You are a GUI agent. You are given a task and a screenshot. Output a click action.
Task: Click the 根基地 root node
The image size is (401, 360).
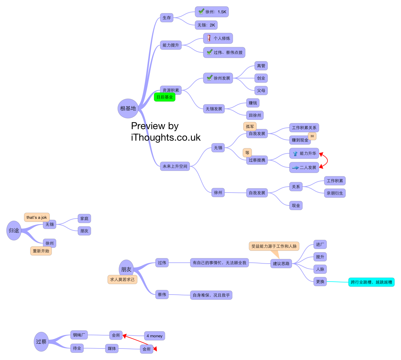[x=128, y=109]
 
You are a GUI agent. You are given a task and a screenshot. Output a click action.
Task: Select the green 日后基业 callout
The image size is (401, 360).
[x=165, y=97]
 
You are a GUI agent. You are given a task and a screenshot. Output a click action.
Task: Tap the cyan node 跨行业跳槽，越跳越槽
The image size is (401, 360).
[x=371, y=282]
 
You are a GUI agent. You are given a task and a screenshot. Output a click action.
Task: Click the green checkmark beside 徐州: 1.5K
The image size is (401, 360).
[x=201, y=11]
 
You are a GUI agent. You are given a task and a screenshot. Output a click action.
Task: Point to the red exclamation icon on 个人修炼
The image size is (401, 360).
[x=209, y=38]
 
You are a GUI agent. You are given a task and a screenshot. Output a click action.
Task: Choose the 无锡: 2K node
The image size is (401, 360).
[x=206, y=25]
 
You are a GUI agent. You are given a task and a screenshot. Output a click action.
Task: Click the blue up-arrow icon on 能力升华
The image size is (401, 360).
[x=295, y=153]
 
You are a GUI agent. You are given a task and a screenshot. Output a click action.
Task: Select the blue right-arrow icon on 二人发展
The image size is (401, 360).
[x=295, y=167]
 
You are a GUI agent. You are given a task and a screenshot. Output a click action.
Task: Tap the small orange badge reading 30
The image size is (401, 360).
[x=312, y=136]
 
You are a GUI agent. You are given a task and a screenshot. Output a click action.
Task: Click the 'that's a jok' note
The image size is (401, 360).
[x=37, y=217]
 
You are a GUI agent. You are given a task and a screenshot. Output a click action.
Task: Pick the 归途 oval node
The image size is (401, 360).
[x=14, y=231]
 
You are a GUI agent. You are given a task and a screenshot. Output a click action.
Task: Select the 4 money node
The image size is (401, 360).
[x=154, y=336]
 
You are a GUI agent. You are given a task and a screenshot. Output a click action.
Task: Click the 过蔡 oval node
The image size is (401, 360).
[x=41, y=342]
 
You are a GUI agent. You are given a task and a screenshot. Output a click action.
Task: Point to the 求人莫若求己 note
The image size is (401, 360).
[x=122, y=279]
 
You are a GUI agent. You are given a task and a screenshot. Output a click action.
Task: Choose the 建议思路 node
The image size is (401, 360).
[x=281, y=264]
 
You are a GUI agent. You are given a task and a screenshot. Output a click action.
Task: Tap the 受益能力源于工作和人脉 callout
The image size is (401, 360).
[x=274, y=246]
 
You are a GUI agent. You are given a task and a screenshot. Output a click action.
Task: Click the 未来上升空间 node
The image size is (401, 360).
[x=175, y=166]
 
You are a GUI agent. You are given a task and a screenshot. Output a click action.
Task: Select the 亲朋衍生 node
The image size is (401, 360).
[x=335, y=193]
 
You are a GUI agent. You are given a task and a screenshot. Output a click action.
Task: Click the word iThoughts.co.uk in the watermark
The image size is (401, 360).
[x=166, y=137]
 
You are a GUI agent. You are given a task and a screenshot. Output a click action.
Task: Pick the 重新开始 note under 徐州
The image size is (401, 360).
[x=41, y=251]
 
